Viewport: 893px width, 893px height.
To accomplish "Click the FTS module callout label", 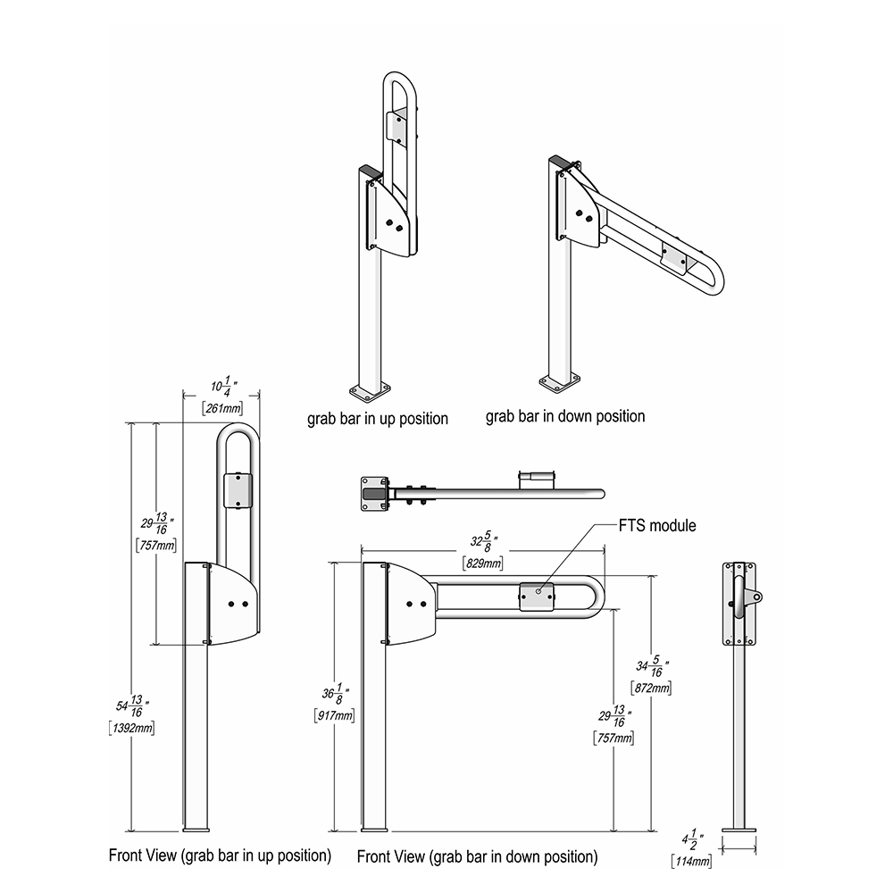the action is (x=657, y=525).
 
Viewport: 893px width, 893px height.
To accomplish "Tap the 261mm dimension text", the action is (x=222, y=408).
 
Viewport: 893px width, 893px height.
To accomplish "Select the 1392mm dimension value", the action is (x=131, y=728).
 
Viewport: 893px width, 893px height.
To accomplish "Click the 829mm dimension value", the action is (x=483, y=563).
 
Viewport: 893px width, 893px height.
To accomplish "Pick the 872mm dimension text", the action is (x=651, y=688).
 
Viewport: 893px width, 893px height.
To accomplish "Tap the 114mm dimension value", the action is (x=691, y=861).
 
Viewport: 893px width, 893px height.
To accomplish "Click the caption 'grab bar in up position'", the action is (x=378, y=419).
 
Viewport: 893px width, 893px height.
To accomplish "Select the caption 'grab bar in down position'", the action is (x=565, y=416).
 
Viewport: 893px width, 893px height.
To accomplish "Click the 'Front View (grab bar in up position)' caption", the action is (x=220, y=856).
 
